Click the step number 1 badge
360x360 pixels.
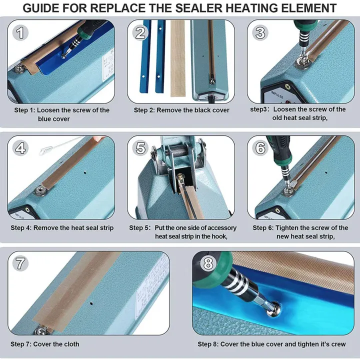click(20, 33)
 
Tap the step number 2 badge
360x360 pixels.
click(140, 33)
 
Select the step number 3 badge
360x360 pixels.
click(260, 33)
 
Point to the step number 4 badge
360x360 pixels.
click(20, 148)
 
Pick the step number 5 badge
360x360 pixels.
click(140, 148)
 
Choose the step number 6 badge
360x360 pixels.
click(260, 148)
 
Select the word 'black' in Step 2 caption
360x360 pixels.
click(198, 110)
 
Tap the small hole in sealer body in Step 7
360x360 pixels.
click(91, 303)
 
